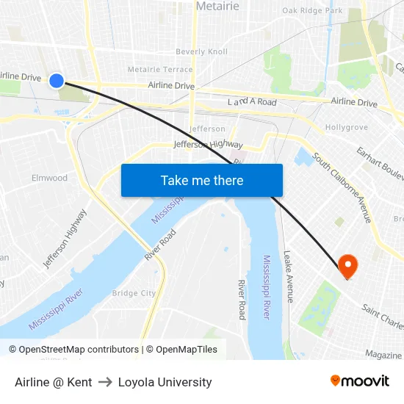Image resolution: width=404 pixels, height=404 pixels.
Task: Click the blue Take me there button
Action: click(202, 181)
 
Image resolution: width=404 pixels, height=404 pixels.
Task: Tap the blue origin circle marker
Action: click(57, 81)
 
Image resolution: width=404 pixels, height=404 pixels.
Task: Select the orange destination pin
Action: click(347, 266)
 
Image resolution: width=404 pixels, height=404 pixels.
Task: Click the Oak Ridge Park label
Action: click(312, 11)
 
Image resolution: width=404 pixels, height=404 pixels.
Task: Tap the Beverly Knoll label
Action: click(201, 52)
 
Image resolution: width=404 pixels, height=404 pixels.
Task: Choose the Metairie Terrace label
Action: click(160, 70)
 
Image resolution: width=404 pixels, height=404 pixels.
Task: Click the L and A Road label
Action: click(252, 102)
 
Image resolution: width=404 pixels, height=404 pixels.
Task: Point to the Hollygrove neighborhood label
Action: click(346, 128)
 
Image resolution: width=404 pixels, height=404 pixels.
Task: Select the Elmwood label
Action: click(49, 178)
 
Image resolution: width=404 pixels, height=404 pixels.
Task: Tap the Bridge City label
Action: click(134, 293)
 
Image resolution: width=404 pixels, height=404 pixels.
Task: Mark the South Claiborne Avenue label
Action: click(342, 188)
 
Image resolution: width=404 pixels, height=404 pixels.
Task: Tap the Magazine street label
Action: click(383, 355)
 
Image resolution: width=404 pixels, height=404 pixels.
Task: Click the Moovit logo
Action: click(359, 381)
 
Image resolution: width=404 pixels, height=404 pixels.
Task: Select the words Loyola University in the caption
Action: click(165, 382)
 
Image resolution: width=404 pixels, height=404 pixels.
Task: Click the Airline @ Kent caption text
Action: click(54, 382)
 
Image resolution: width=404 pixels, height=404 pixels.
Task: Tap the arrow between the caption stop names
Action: click(105, 382)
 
